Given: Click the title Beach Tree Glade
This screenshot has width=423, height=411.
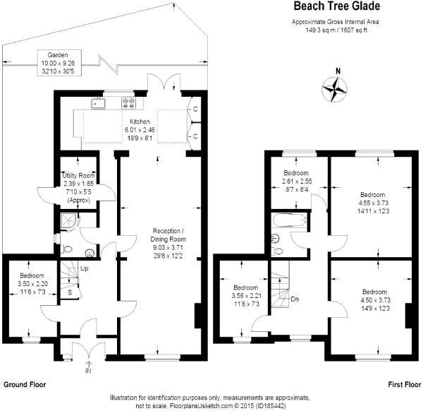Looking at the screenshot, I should tap(337, 7).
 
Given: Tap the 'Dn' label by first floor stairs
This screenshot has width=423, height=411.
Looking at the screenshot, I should tap(294, 298).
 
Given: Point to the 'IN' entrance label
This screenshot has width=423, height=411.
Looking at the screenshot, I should tap(88, 369).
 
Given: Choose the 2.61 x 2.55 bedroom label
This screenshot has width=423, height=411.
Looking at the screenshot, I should tap(296, 181).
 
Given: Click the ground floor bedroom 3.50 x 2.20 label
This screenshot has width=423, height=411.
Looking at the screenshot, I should tap(32, 282).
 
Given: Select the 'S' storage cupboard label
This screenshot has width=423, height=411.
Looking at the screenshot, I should tap(69, 292).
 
